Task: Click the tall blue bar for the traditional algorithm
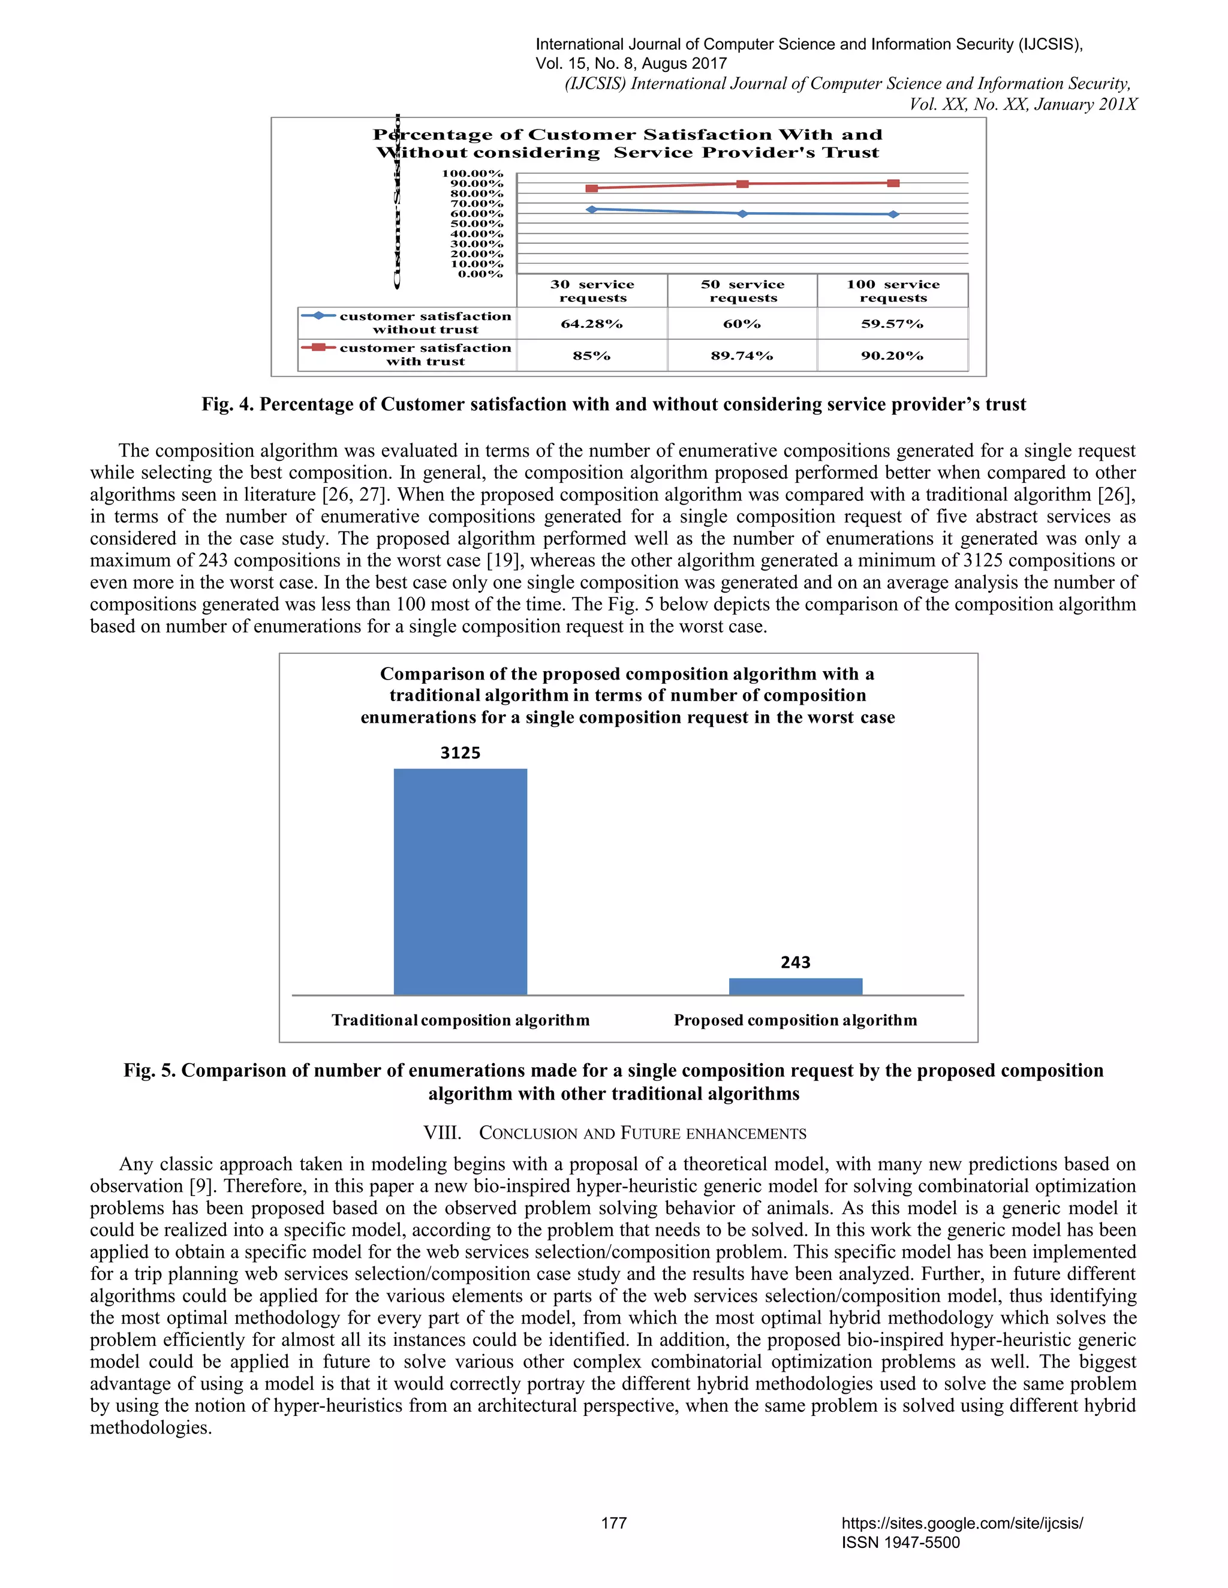click(460, 881)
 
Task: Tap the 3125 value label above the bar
click(460, 753)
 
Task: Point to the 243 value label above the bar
click(795, 962)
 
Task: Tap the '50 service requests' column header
click(742, 291)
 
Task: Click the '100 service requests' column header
click(893, 291)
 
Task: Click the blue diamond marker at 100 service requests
click(893, 215)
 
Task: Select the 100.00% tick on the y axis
click(473, 174)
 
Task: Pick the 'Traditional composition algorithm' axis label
click(460, 1020)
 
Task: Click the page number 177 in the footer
click(613, 1523)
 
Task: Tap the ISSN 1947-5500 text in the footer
click(901, 1543)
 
